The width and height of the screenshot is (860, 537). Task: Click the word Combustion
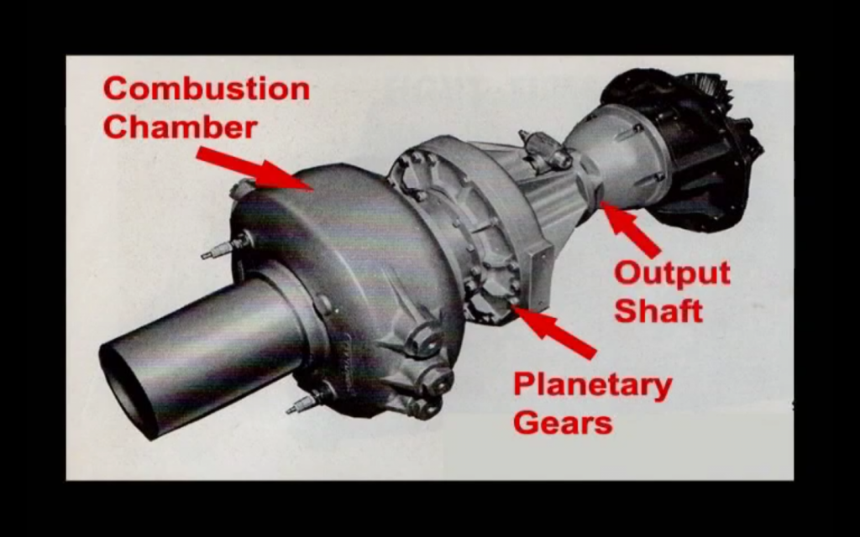[x=206, y=89]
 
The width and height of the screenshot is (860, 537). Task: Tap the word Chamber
[x=180, y=127]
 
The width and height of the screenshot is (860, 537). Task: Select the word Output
[x=671, y=274]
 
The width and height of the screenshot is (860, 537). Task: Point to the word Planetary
[x=592, y=385]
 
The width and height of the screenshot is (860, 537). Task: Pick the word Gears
[x=562, y=422]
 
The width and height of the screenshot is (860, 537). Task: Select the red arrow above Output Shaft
[x=630, y=229]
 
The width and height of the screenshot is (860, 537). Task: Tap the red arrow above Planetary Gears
[x=554, y=331]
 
